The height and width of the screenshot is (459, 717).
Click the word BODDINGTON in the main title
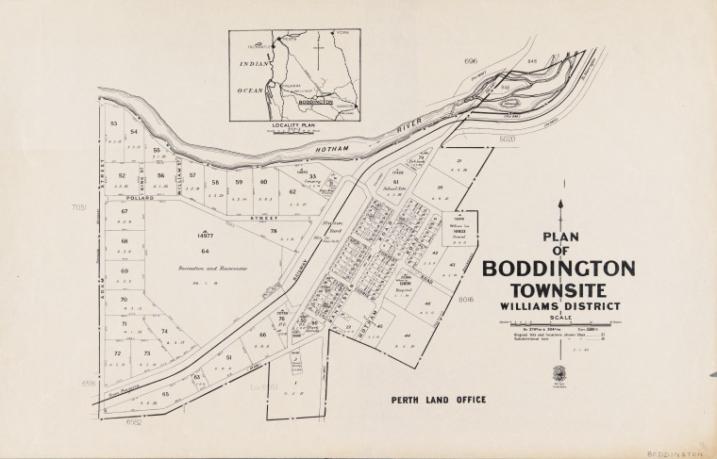coord(559,269)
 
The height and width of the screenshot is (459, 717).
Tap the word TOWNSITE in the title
coord(559,290)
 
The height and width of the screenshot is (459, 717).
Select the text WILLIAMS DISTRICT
coord(559,306)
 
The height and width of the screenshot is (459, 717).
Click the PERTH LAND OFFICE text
coord(439,400)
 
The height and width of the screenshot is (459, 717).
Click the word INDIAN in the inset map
coord(254,63)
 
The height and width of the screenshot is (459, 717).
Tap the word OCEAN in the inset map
coord(251,90)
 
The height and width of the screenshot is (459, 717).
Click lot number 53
coord(113,123)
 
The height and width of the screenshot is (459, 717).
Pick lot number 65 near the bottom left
coord(166,393)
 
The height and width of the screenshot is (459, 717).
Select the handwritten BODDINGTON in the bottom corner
coord(678,452)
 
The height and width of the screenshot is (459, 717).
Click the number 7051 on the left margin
coord(78,206)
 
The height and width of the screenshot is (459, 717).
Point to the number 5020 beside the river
coord(509,139)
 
